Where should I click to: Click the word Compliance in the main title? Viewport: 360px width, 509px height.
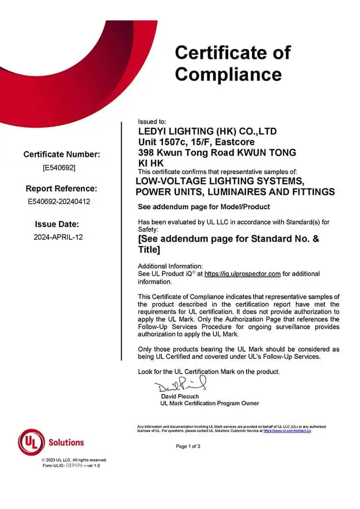[x=228, y=74]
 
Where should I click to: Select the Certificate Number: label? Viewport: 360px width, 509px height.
[x=62, y=154]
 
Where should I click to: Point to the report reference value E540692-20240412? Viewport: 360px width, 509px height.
[x=59, y=202]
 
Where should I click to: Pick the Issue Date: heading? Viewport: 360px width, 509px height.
[x=57, y=224]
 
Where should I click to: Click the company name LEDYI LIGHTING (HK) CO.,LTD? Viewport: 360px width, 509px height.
[x=208, y=131]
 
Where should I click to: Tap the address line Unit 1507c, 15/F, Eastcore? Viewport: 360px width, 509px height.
[x=197, y=142]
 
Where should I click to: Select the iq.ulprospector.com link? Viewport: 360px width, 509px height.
[x=242, y=274]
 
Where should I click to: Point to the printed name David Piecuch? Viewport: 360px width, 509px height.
[x=180, y=396]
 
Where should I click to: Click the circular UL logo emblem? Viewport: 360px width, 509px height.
[x=32, y=442]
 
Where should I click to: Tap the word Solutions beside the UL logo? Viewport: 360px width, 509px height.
[x=66, y=442]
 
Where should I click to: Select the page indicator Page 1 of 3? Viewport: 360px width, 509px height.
[x=188, y=446]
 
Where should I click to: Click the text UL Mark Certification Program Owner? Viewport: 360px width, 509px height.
[x=209, y=403]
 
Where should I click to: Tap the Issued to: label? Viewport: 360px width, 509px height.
[x=152, y=122]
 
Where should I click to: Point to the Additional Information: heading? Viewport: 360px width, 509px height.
[x=170, y=266]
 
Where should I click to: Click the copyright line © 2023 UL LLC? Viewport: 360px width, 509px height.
[x=74, y=460]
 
